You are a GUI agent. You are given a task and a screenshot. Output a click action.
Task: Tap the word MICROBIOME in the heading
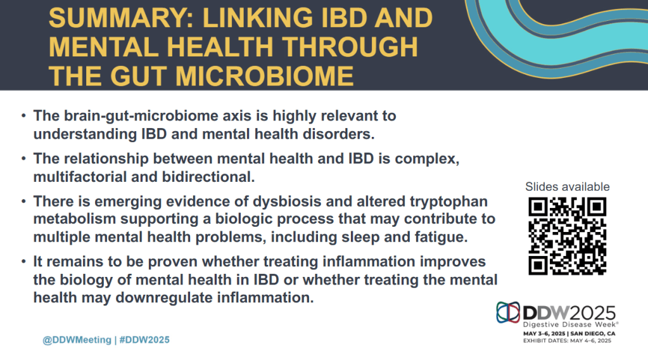265,77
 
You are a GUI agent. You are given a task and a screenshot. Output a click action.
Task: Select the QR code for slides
567,236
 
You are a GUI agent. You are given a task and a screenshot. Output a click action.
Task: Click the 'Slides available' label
568,187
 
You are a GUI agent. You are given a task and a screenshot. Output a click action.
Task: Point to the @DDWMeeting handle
77,340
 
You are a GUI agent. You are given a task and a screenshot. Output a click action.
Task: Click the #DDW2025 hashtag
144,340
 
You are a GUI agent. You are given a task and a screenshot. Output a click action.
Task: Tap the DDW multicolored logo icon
508,312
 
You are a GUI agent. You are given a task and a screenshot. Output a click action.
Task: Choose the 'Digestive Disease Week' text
571,325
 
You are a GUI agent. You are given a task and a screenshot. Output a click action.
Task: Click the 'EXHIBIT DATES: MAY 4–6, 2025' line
567,340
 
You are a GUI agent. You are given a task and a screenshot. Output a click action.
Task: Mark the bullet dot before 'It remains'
23,262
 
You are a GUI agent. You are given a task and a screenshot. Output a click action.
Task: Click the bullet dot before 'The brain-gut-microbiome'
23,116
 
